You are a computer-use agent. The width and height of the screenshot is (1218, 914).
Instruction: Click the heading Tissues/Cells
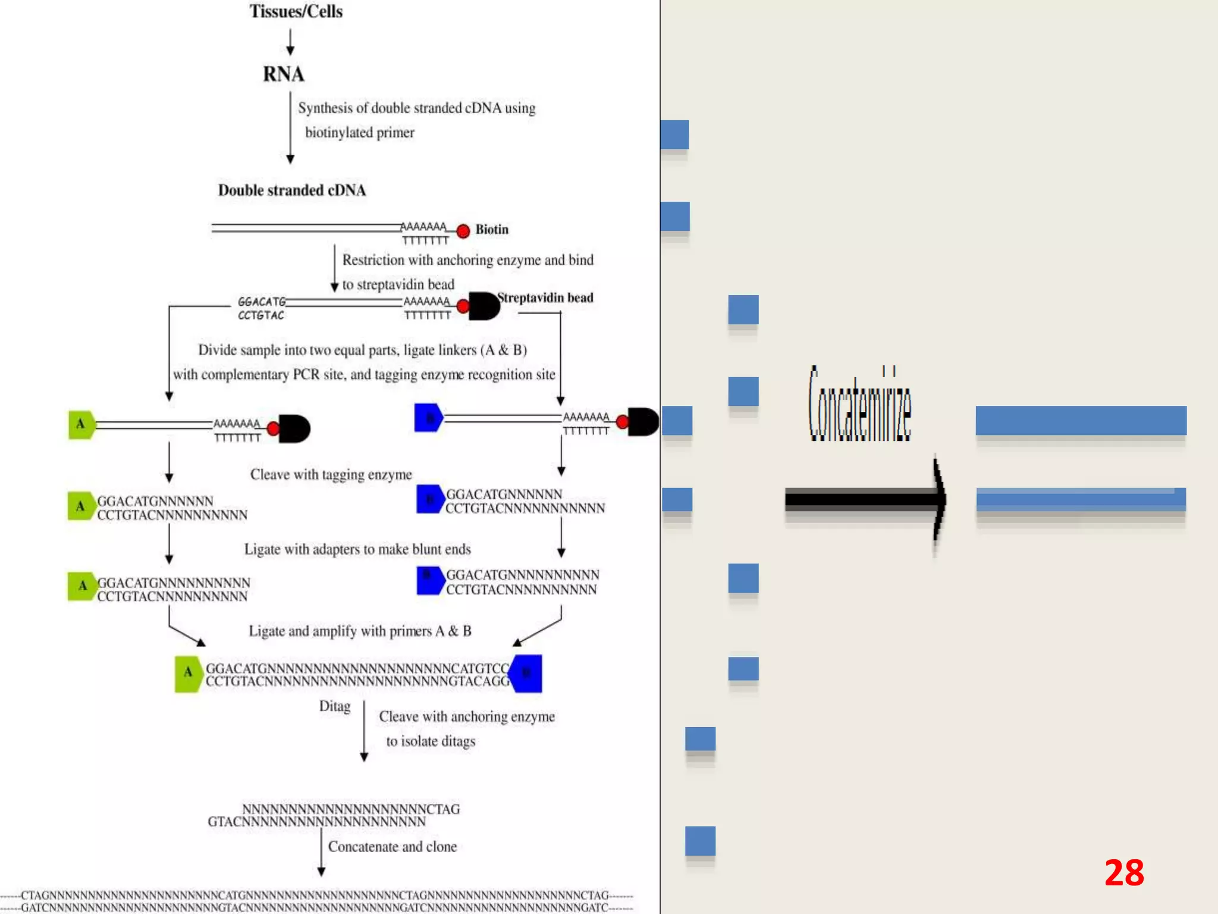(x=296, y=11)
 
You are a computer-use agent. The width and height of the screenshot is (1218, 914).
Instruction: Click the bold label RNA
(x=283, y=74)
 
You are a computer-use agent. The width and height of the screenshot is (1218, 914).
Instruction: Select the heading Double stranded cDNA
(x=291, y=190)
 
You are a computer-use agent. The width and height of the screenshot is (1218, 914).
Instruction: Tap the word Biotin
(x=492, y=230)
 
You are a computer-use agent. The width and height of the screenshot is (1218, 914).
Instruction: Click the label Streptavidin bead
(x=545, y=298)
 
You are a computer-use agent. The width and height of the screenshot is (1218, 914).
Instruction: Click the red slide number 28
(x=1123, y=873)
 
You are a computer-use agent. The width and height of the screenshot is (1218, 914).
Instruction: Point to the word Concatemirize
(x=859, y=405)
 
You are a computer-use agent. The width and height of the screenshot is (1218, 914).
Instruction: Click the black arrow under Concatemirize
(x=865, y=499)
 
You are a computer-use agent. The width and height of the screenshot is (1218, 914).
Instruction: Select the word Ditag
(x=335, y=706)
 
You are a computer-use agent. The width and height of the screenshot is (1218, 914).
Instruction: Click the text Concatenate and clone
(x=393, y=847)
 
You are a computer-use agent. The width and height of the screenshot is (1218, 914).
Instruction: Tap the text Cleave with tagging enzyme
(x=331, y=475)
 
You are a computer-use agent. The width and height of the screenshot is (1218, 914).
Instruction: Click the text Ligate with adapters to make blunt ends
(x=357, y=549)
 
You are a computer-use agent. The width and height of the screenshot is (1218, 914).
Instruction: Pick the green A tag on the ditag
(x=188, y=673)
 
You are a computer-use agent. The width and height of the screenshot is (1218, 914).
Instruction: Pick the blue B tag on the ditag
(x=527, y=673)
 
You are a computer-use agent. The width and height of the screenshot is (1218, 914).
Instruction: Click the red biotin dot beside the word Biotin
(x=463, y=231)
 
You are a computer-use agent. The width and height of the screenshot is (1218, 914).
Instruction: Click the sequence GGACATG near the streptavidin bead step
(x=262, y=302)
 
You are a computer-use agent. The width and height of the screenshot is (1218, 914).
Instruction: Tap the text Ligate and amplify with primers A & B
(x=360, y=631)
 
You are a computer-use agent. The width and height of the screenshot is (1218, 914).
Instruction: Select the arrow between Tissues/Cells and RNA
(x=290, y=42)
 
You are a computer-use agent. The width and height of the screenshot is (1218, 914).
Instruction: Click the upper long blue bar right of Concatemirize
(x=1081, y=421)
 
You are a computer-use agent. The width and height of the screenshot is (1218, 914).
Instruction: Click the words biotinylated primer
(x=360, y=133)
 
